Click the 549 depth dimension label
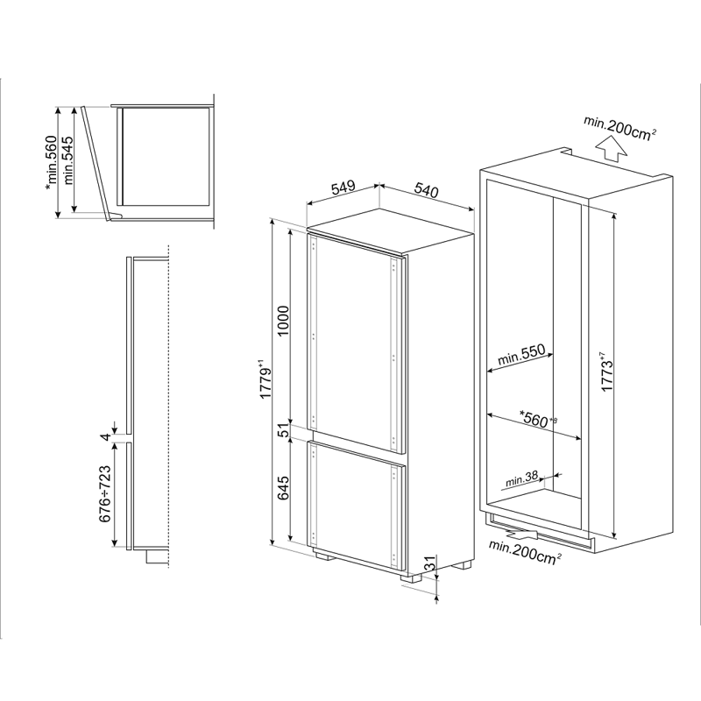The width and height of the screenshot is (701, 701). coord(343,188)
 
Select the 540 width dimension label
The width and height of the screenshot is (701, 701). coord(426,190)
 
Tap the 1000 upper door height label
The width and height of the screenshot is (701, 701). coord(283,322)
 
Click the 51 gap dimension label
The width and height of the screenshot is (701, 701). coord(283,430)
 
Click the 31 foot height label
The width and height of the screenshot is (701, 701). coord(428,563)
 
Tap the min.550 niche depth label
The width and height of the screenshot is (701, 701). coord(521,355)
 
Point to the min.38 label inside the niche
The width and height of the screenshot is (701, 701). coord(521,478)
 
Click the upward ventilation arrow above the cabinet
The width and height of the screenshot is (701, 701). coord(612,147)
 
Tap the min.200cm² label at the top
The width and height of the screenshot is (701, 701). coord(620,127)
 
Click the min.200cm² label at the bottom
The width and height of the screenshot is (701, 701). coord(525,551)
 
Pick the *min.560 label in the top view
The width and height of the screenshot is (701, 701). coord(52,162)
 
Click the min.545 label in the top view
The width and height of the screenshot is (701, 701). coord(67,160)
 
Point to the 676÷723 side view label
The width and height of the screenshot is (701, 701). coord(104,493)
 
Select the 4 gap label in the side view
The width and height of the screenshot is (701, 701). coord(105,436)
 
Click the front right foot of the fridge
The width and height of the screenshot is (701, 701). coord(411,577)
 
